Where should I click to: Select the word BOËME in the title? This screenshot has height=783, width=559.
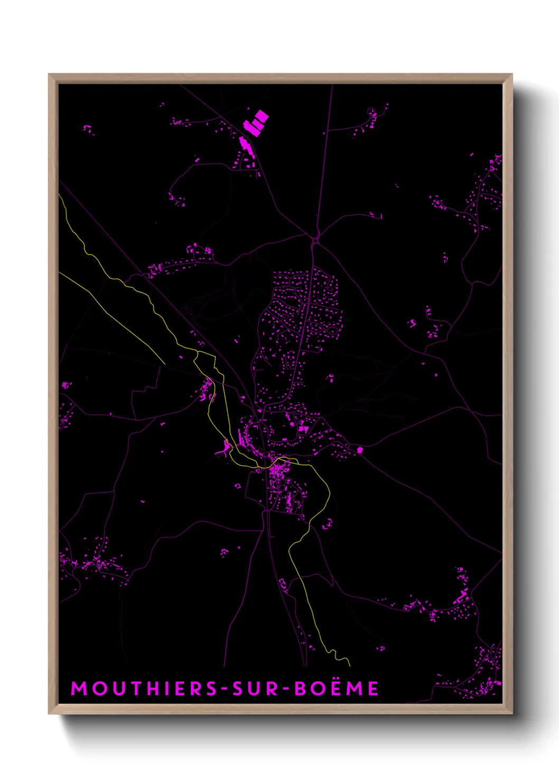point(337,688)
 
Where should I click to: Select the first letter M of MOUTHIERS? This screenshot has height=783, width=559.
point(78,688)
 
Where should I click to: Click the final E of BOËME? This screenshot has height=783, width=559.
point(374,688)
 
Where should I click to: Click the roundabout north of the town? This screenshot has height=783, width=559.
point(315,241)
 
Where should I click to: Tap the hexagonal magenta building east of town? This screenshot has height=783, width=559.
point(360,450)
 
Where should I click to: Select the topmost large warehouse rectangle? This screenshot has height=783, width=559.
point(262,116)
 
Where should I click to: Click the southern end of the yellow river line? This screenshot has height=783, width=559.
point(350,664)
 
